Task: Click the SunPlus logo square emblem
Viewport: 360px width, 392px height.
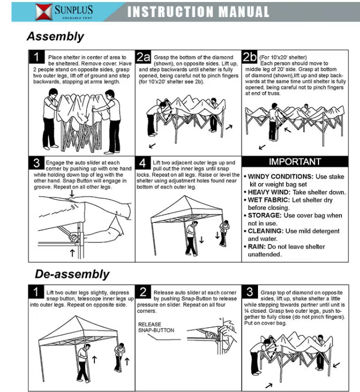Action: coord(43,12)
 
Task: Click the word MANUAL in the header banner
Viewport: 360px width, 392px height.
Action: coord(244,12)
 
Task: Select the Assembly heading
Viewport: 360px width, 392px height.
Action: coord(55,36)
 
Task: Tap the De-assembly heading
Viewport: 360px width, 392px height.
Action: coord(72,274)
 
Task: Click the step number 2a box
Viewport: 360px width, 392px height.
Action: coord(143,57)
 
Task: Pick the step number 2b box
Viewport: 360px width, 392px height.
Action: coord(249,57)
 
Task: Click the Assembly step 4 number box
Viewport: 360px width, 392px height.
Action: coord(143,163)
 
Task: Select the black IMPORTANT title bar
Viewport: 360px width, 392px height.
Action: coord(295,162)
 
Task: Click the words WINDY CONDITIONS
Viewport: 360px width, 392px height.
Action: coord(280,177)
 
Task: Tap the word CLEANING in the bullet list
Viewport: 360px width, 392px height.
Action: coord(265,231)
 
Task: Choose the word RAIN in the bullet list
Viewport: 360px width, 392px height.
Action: coord(256,247)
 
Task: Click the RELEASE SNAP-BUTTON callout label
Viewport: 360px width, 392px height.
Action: coord(156,327)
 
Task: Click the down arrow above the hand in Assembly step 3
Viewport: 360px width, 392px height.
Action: coord(72,193)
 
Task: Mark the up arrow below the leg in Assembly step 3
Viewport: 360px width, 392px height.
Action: coord(72,252)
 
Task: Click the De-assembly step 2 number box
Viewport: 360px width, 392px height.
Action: coord(143,291)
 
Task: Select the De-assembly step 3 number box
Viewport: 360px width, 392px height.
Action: coord(249,291)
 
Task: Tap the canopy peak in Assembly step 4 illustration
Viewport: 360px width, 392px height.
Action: coord(184,196)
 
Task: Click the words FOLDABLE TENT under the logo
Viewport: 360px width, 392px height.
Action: coord(77,18)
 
